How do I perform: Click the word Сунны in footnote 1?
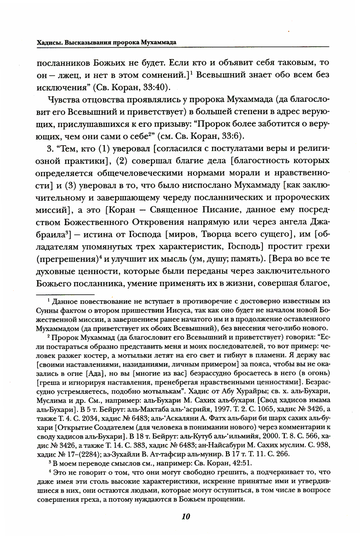coord(47,310)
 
